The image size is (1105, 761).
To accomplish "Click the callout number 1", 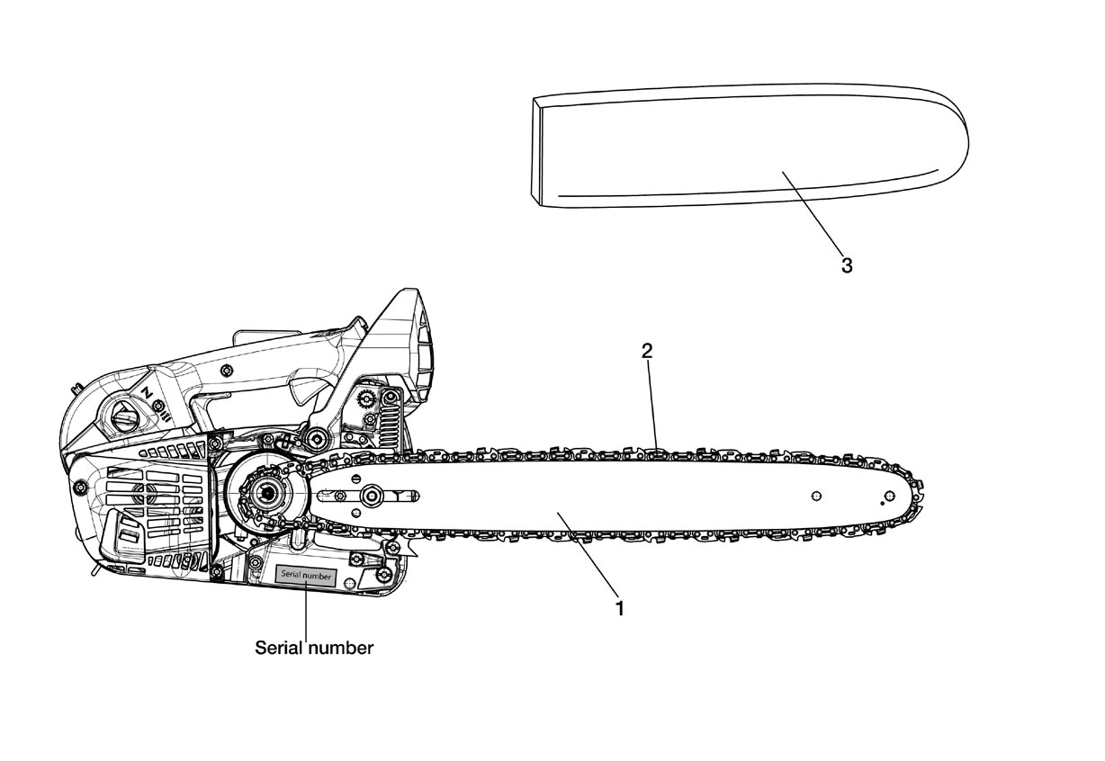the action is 620,608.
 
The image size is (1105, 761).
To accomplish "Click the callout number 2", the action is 647,351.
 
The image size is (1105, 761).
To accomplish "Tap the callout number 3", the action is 847,266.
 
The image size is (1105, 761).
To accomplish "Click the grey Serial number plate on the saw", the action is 306,576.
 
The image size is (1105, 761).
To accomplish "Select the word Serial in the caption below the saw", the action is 278,648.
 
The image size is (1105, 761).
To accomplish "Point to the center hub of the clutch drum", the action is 267,493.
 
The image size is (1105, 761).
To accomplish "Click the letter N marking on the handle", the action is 147,392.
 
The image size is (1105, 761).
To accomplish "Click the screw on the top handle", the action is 227,370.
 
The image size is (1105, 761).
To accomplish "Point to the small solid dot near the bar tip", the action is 883,504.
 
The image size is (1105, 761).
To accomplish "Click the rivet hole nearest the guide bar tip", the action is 890,495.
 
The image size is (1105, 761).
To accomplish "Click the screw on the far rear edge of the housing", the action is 80,488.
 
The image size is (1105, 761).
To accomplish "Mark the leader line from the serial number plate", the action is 306,611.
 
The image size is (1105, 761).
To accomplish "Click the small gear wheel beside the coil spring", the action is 366,397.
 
